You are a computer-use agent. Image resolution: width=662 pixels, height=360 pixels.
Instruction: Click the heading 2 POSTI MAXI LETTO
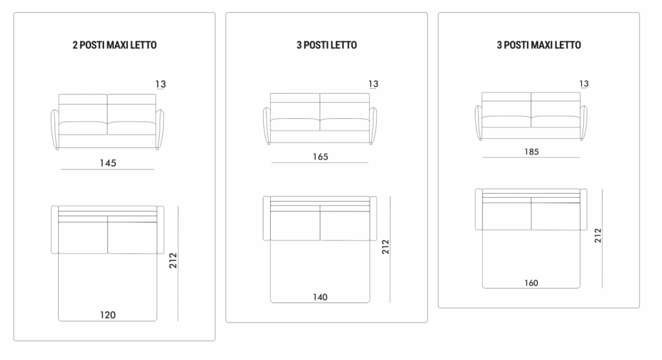114,45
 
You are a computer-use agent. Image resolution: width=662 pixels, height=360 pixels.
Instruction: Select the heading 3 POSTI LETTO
326,45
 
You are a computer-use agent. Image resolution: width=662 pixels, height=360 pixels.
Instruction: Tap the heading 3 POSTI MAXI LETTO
539,45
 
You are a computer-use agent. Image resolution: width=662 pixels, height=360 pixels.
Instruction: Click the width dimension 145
108,163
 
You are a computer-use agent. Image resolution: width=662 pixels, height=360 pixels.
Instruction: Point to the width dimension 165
321,156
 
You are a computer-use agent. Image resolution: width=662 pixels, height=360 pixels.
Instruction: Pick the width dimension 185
531,151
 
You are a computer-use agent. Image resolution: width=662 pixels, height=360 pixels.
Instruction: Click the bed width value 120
108,315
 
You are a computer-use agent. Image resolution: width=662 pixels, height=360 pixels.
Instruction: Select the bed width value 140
320,297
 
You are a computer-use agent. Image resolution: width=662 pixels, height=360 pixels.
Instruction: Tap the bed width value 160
531,283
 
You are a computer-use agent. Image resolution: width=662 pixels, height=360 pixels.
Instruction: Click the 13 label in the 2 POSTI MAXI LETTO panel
160,84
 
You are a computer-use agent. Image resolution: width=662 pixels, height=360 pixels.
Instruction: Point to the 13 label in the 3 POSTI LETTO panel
373,83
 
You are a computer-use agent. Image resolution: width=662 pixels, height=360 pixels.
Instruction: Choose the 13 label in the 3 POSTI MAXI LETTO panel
584,83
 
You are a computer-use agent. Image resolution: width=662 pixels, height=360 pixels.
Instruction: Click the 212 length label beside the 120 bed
173,260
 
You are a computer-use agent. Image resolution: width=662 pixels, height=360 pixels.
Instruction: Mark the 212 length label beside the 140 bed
385,247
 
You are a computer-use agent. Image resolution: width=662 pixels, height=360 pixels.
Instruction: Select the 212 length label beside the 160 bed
598,235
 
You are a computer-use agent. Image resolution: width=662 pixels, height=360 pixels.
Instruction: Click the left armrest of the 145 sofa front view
55,129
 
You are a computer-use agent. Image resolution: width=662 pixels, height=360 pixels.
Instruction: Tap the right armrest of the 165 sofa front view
373,126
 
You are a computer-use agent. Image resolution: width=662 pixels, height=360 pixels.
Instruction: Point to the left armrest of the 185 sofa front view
478,122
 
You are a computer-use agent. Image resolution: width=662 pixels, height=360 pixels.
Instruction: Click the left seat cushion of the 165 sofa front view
295,125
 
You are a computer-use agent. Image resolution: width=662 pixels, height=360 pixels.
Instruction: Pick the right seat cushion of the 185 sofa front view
555,121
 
